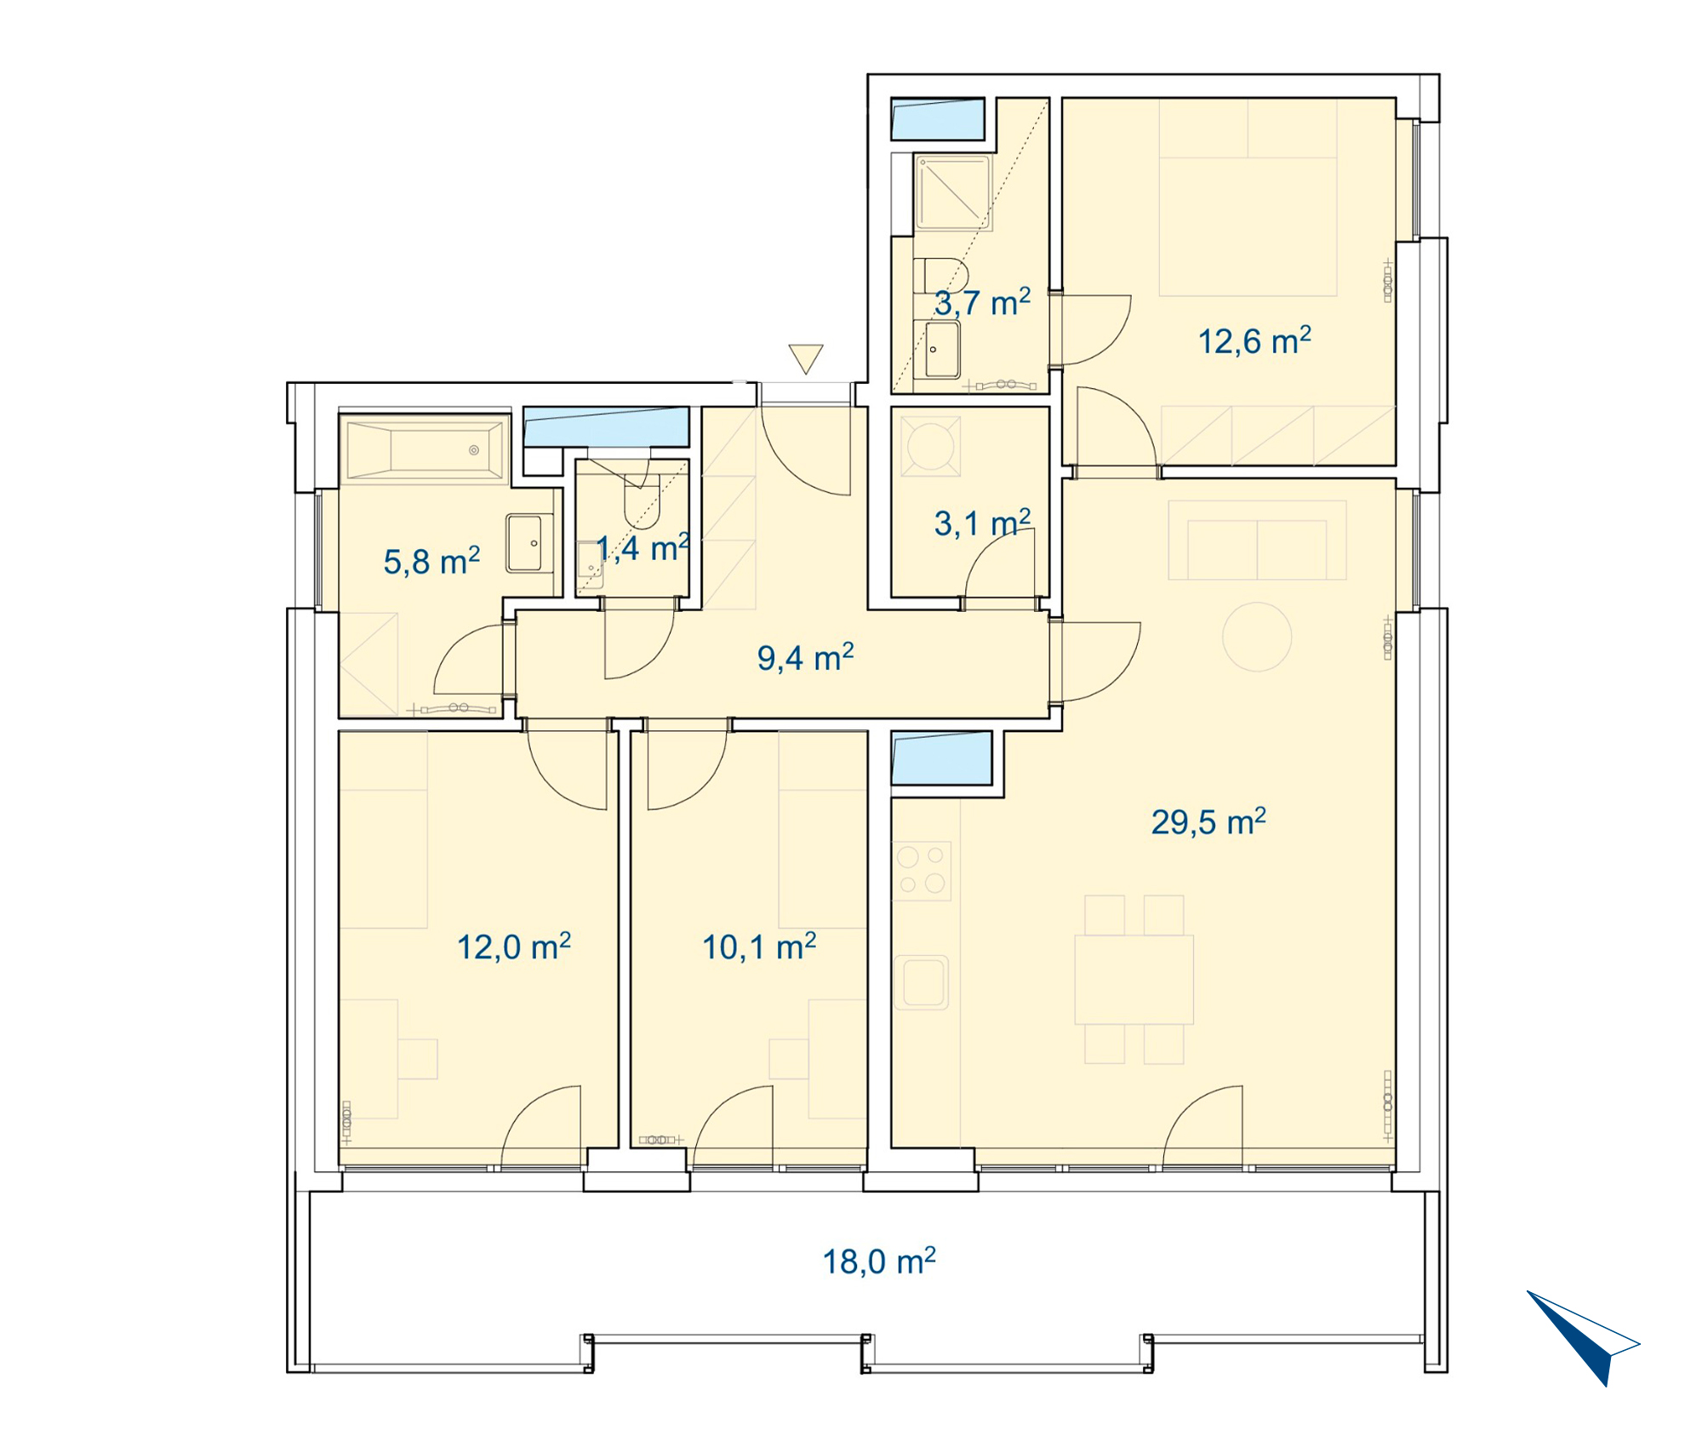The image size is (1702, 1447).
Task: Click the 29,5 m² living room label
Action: (x=1208, y=822)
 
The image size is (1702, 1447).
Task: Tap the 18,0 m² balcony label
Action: (x=879, y=1261)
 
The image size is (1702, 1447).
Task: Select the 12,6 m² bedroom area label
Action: (x=1254, y=341)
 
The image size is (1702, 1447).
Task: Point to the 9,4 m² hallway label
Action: (x=805, y=658)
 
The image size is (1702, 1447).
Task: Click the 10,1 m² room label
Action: (x=759, y=947)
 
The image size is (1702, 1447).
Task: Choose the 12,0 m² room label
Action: (x=514, y=947)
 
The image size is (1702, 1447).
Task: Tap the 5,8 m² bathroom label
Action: (x=431, y=562)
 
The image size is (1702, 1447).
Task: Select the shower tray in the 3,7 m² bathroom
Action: (x=952, y=192)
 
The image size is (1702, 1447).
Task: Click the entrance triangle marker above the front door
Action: (x=805, y=357)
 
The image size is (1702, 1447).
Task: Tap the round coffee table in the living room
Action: (x=1257, y=637)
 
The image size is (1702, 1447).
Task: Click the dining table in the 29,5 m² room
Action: (x=1134, y=980)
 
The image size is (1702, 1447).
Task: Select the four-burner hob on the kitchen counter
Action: (x=922, y=870)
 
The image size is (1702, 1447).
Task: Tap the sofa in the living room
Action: (x=1257, y=540)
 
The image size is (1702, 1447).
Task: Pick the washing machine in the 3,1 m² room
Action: (x=930, y=444)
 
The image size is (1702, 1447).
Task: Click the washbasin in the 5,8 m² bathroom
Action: (x=530, y=542)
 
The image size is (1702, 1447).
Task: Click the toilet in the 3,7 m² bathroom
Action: (x=941, y=276)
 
